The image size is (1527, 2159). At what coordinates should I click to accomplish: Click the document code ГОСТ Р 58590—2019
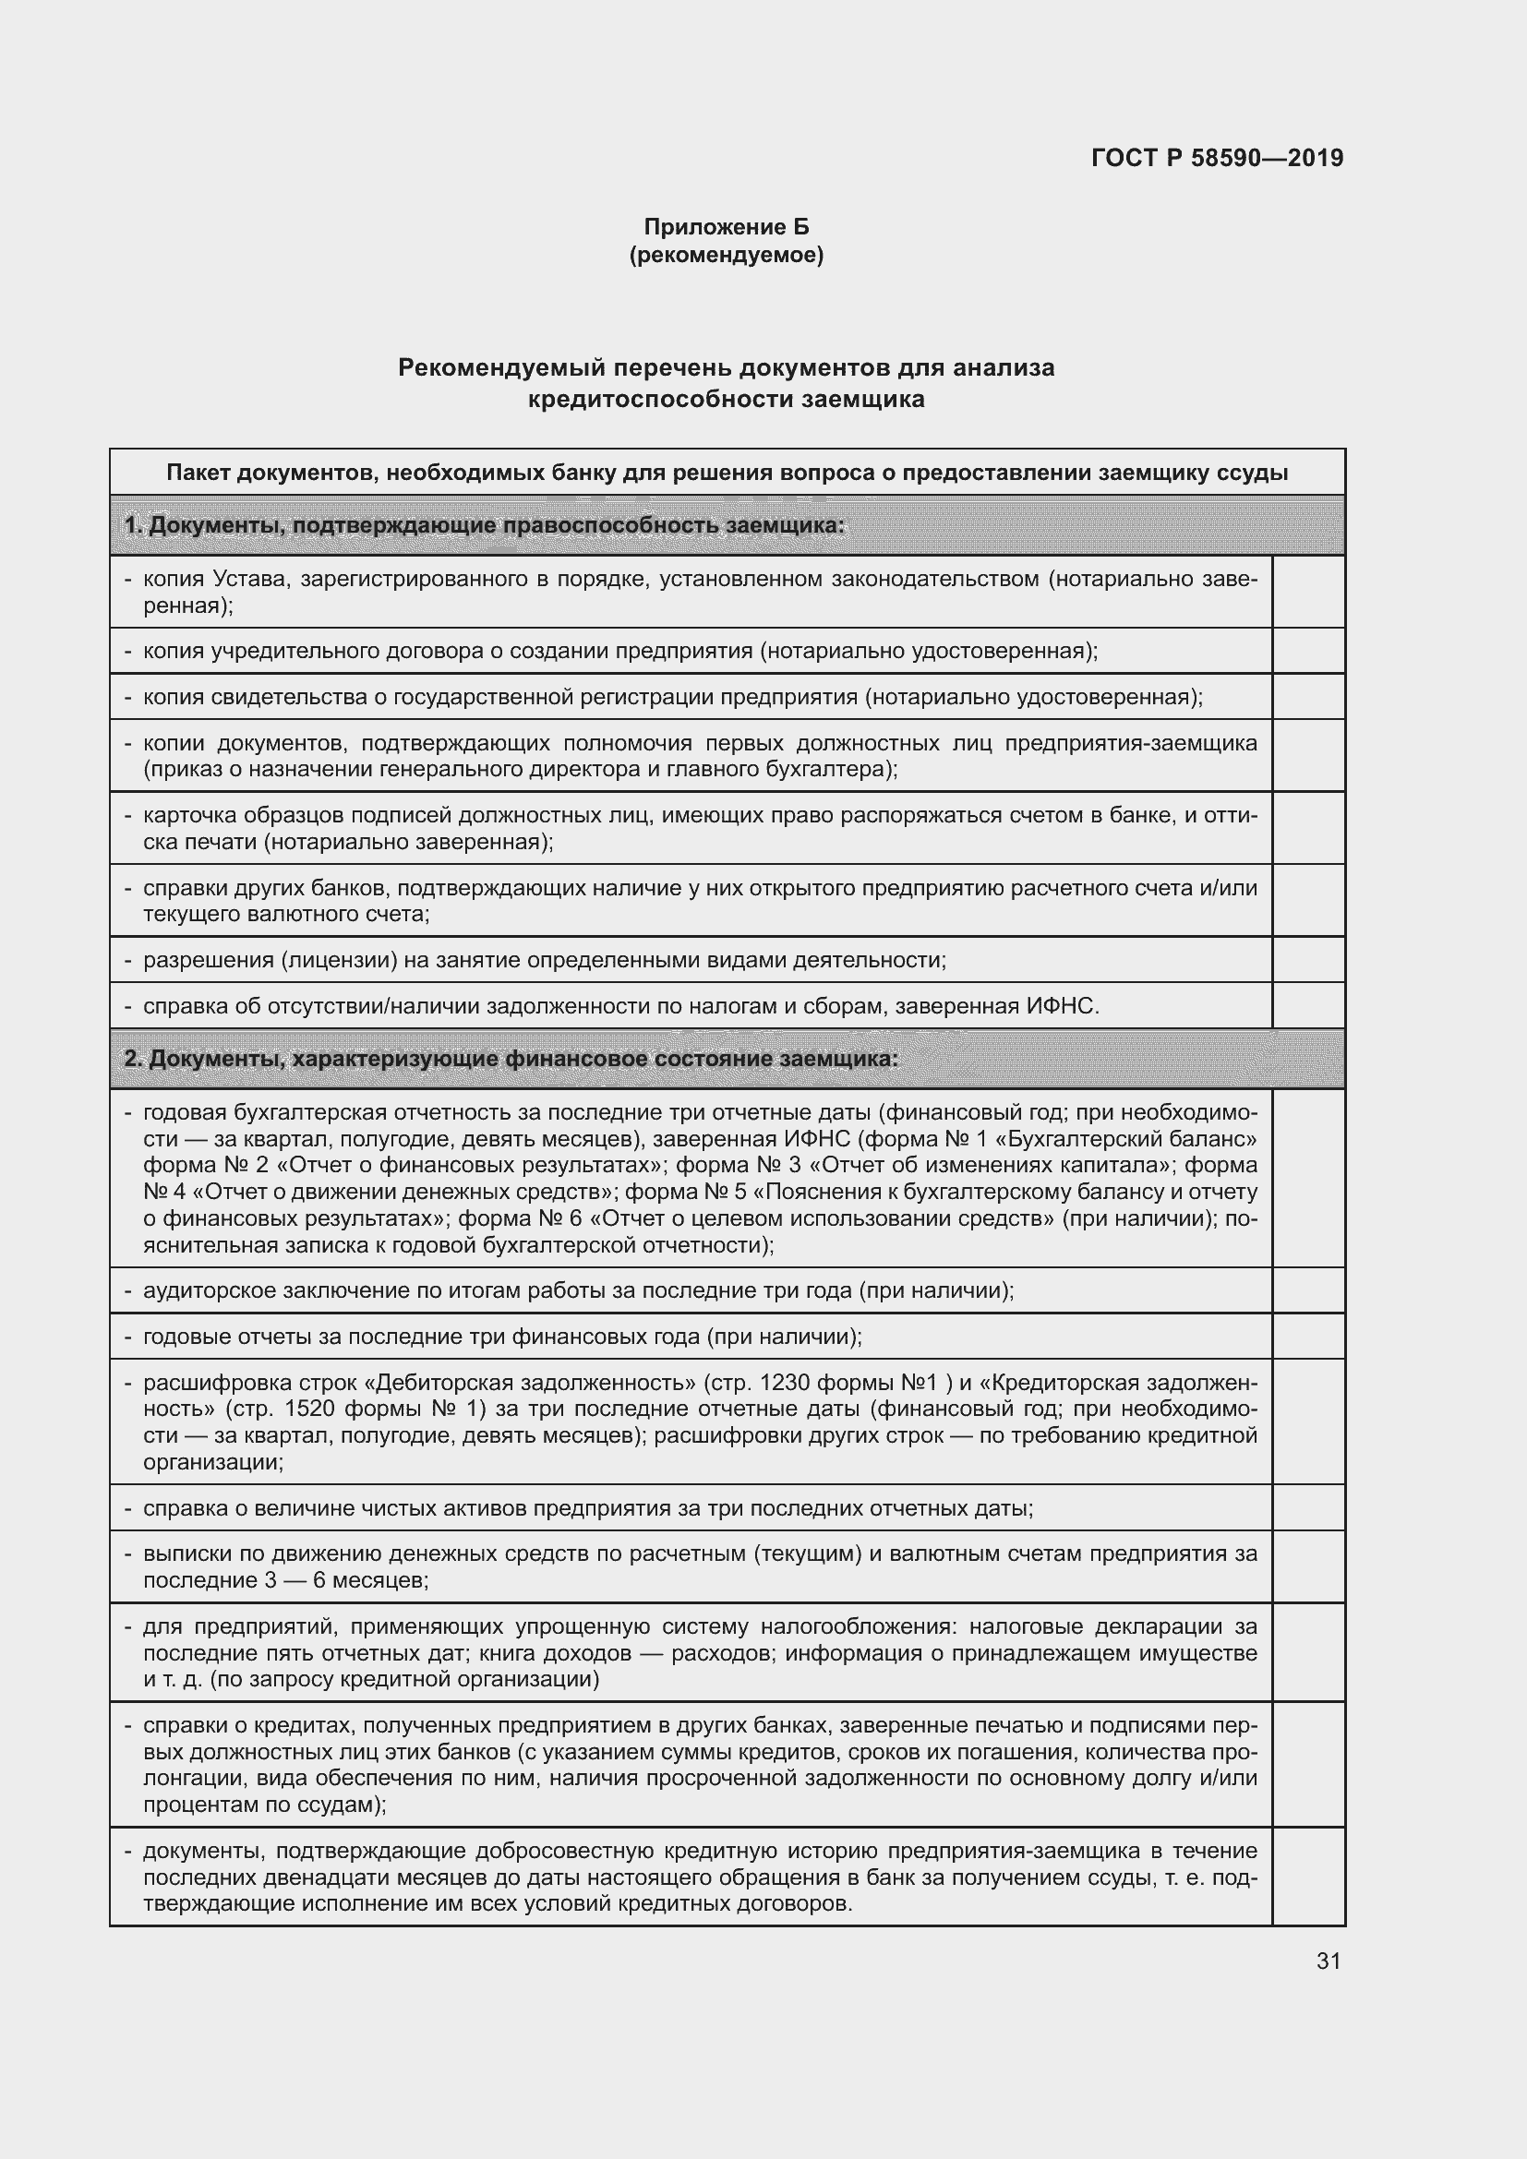coord(1217,158)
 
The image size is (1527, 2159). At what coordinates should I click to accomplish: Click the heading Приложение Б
coord(726,227)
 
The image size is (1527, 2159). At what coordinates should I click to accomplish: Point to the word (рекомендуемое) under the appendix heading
coord(726,255)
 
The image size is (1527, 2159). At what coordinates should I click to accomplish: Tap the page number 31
coord(1328,1961)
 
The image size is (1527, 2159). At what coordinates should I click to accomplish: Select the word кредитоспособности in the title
coord(660,399)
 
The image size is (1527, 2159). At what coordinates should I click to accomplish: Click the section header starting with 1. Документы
coord(485,524)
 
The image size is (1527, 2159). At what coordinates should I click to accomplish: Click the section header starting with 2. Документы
coord(511,1059)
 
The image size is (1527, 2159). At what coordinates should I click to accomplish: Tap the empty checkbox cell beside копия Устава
coord(1308,592)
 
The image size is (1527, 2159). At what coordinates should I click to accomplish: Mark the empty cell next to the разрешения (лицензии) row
coord(1308,960)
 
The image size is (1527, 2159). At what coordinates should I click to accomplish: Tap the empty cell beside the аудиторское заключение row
coord(1308,1290)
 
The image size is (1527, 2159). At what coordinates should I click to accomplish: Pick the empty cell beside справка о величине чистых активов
coord(1308,1508)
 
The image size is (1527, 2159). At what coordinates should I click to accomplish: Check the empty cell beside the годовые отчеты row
coord(1308,1337)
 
